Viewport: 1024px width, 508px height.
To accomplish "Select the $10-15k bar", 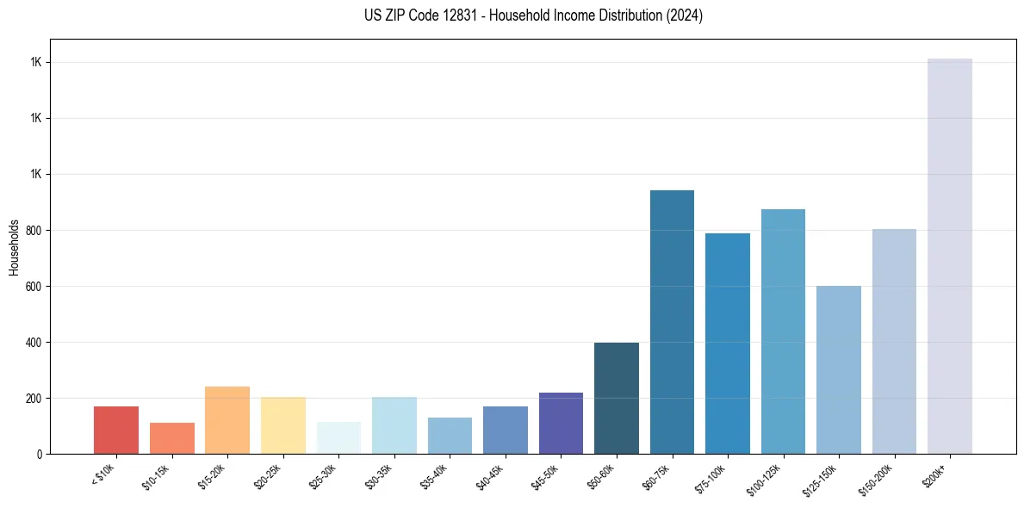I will [x=172, y=438].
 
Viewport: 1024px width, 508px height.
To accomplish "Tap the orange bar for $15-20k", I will [x=227, y=420].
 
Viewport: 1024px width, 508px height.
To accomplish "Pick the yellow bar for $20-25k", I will [x=283, y=425].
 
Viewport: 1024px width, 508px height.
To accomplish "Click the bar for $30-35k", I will [x=394, y=425].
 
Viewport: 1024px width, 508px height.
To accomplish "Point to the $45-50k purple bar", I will [x=561, y=423].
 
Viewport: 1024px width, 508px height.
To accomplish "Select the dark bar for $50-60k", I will [x=617, y=398].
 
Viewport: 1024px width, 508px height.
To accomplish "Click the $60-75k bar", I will [x=672, y=322].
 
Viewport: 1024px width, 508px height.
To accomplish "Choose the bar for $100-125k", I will [x=783, y=331].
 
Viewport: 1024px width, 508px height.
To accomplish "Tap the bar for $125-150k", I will [x=839, y=369].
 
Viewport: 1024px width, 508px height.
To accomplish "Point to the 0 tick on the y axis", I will [x=40, y=455].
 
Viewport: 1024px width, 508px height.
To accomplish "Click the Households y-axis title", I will [x=14, y=247].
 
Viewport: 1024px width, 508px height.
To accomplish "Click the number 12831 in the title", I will [x=460, y=15].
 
